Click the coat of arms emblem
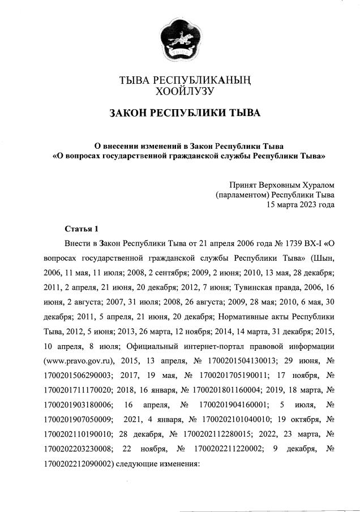coord(180,39)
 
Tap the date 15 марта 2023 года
coord(301,204)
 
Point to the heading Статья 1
coord(82,229)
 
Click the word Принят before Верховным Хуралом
coord(243,184)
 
